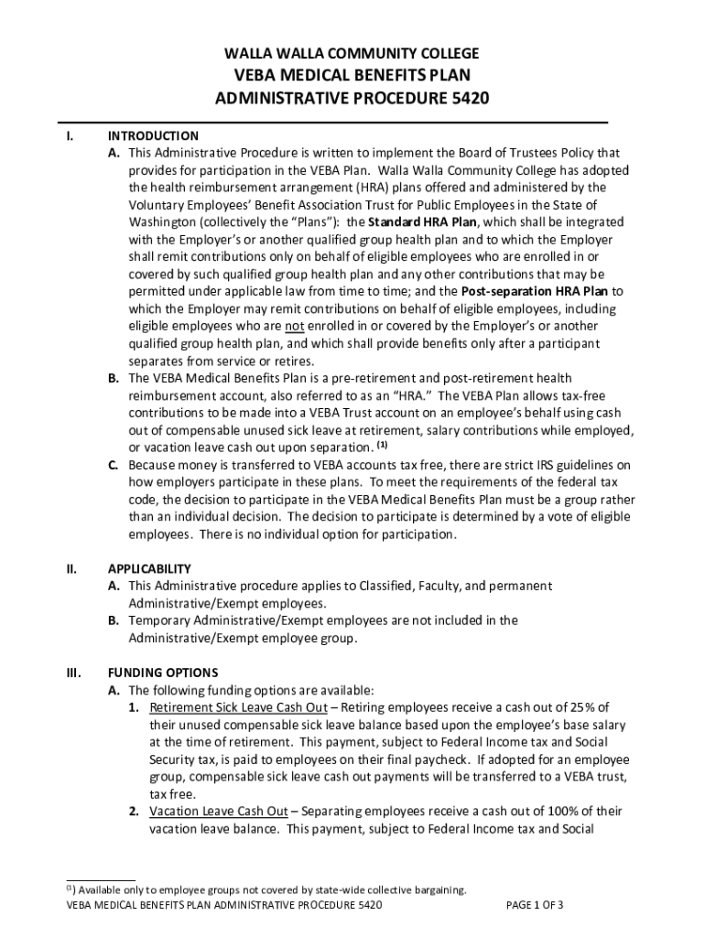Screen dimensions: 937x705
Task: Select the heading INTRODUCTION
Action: (153, 135)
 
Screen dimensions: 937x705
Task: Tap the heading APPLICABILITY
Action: (149, 568)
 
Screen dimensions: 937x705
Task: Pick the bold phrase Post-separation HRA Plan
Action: (537, 292)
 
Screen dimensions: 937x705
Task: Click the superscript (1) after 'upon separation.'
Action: (383, 447)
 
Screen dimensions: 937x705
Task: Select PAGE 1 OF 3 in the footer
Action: (536, 905)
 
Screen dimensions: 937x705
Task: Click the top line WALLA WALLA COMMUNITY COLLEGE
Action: (352, 53)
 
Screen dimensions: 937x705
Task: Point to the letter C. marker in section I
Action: (114, 465)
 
